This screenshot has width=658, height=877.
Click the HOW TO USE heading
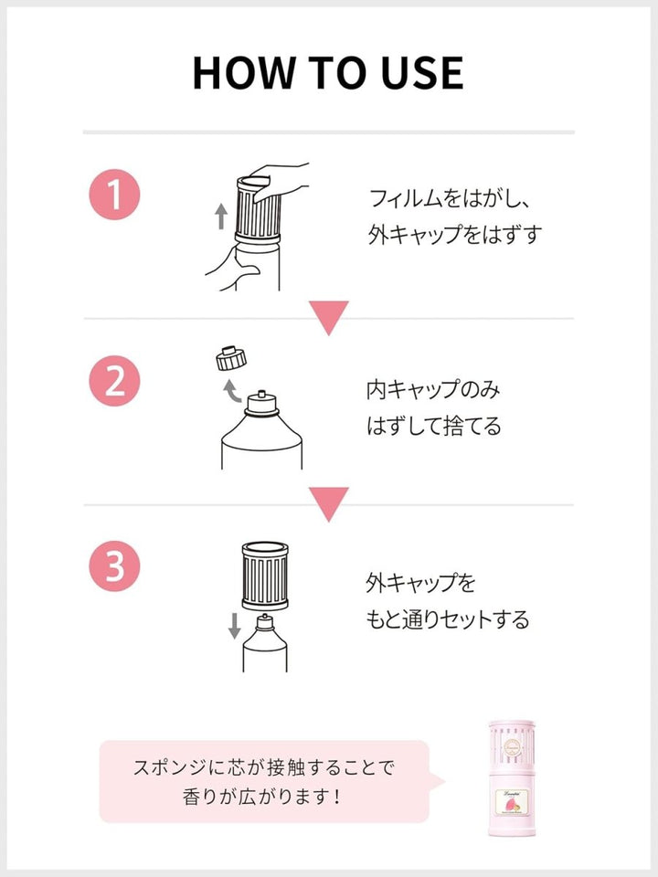(328, 72)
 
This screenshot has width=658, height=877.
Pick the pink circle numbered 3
(114, 566)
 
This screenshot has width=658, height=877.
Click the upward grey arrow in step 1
(220, 216)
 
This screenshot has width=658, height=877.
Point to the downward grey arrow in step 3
(234, 625)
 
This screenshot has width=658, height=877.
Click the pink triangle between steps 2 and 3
(328, 502)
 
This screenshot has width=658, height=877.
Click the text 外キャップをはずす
(454, 235)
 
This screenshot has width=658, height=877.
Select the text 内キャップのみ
(434, 389)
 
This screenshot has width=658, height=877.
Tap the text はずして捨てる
(434, 427)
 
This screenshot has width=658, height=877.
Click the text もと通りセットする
(447, 619)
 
